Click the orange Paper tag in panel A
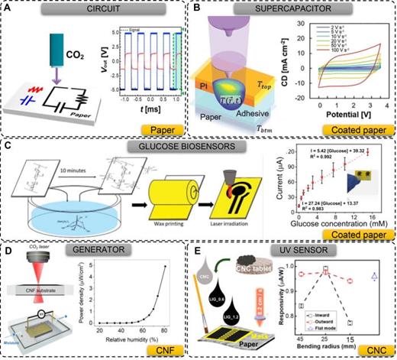169,131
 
